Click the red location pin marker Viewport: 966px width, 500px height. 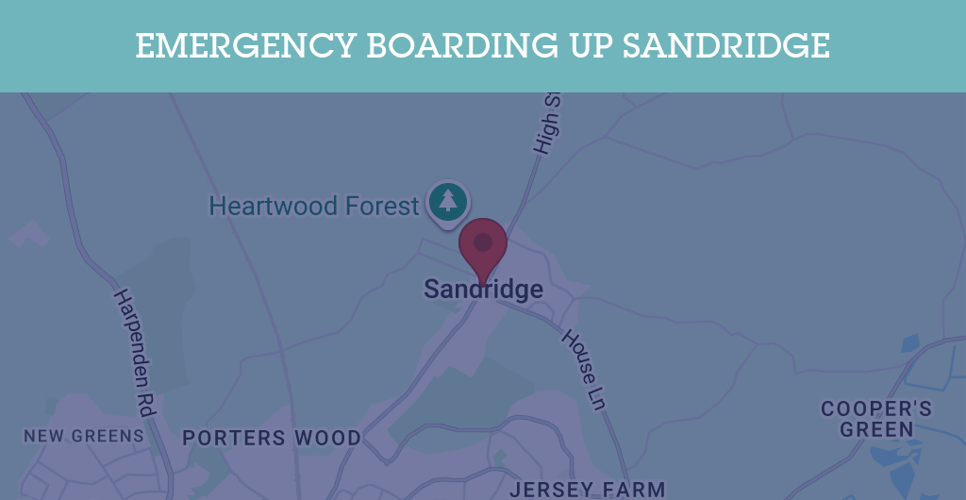pyautogui.click(x=483, y=247)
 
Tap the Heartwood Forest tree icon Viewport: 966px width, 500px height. pyautogui.click(x=448, y=202)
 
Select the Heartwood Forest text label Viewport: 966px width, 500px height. pyautogui.click(x=313, y=206)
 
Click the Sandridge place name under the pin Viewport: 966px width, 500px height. pyautogui.click(x=483, y=289)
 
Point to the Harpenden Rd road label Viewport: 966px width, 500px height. pyautogui.click(x=134, y=340)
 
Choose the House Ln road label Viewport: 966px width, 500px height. pyautogui.click(x=583, y=368)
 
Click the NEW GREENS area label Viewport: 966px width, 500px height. pyautogui.click(x=84, y=436)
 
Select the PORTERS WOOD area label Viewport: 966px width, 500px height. pyautogui.click(x=272, y=438)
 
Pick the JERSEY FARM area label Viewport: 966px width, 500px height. pyautogui.click(x=587, y=489)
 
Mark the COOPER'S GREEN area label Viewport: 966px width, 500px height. pyautogui.click(x=876, y=419)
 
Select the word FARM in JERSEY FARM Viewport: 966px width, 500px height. pyautogui.click(x=632, y=489)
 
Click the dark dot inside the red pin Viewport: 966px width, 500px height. pyautogui.click(x=483, y=242)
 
